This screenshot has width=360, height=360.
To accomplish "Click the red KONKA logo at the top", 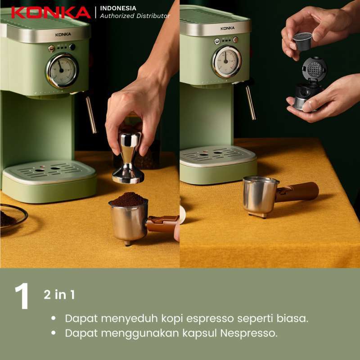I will (50, 12).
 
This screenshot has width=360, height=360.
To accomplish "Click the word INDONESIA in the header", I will (118, 8).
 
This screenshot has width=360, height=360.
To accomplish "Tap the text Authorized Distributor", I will (135, 16).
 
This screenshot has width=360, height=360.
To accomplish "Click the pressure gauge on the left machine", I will (62, 70).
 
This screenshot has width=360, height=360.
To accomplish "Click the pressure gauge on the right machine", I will (226, 61).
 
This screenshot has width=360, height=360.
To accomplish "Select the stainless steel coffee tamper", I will (128, 157).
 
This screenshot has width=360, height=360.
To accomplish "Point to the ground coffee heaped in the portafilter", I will (129, 199).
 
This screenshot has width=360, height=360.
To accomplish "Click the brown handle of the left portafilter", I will (162, 223).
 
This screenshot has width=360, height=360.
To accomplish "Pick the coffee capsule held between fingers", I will (302, 41).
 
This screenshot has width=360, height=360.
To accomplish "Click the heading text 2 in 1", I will (59, 295).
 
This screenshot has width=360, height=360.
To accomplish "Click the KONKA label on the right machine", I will (227, 28).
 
